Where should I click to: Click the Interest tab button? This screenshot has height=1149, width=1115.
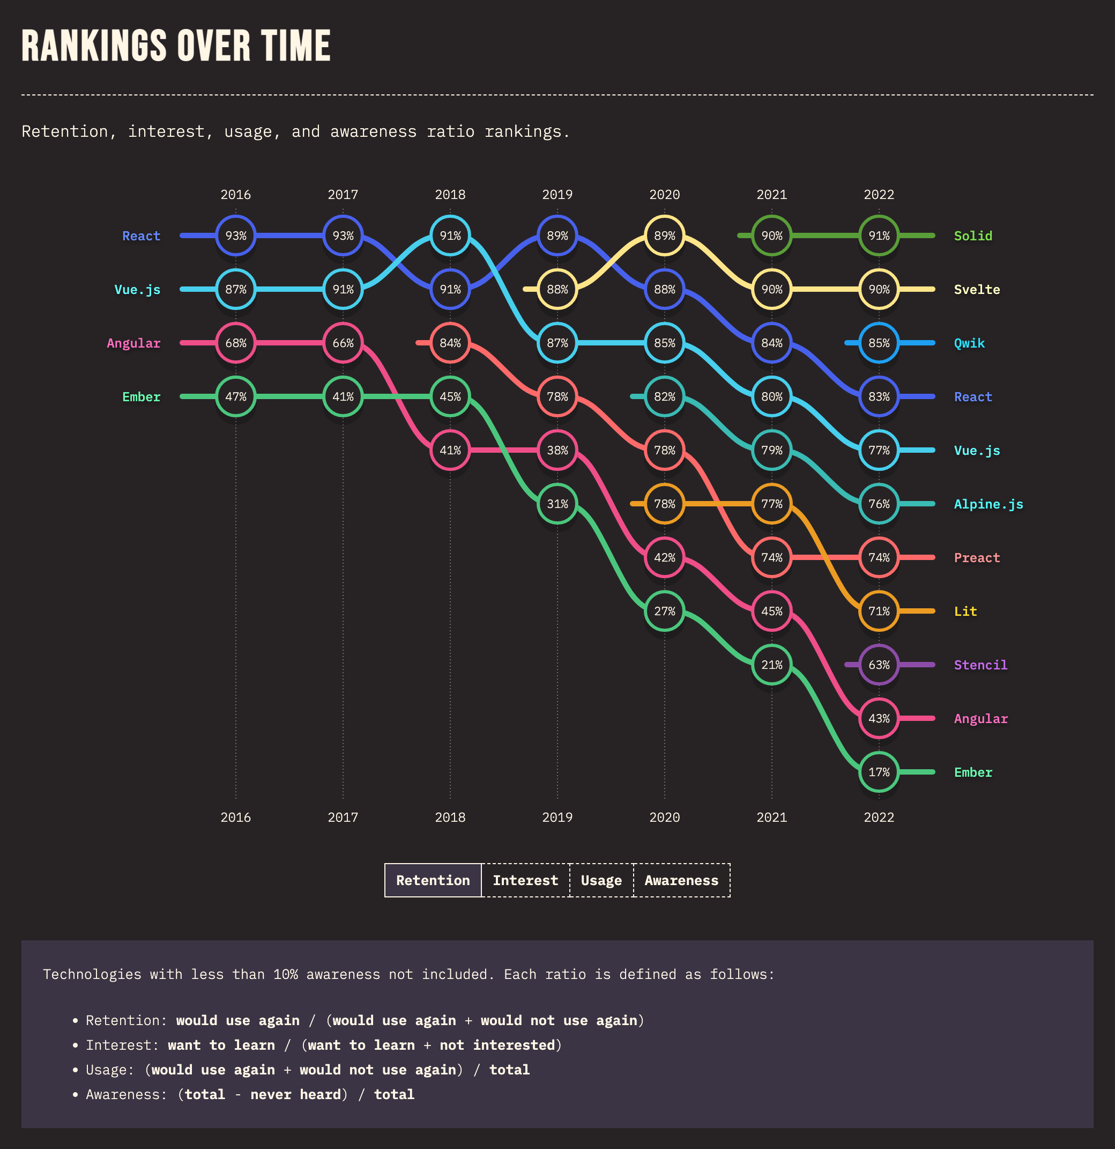(x=525, y=880)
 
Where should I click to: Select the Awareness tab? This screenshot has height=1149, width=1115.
(x=681, y=880)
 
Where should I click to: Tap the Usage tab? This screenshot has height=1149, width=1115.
(x=601, y=880)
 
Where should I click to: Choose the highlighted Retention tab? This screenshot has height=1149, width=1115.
(x=433, y=880)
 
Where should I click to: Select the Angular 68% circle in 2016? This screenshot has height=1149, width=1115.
(x=235, y=343)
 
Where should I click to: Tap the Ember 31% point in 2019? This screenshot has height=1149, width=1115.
(x=557, y=504)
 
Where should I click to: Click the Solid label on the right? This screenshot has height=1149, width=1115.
(x=972, y=235)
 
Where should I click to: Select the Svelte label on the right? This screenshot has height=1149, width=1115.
(x=976, y=290)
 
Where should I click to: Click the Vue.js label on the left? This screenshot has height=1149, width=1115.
(x=137, y=290)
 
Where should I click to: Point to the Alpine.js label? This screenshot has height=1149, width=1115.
(x=988, y=504)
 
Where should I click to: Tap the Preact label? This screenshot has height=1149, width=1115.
(x=976, y=557)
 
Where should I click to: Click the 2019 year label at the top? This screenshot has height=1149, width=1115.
(x=557, y=195)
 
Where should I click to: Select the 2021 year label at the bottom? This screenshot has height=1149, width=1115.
(x=771, y=817)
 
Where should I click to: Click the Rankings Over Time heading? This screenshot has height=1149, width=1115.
(x=176, y=46)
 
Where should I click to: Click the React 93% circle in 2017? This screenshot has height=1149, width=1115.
(x=343, y=235)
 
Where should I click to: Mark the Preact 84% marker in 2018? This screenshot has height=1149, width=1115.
(x=450, y=343)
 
